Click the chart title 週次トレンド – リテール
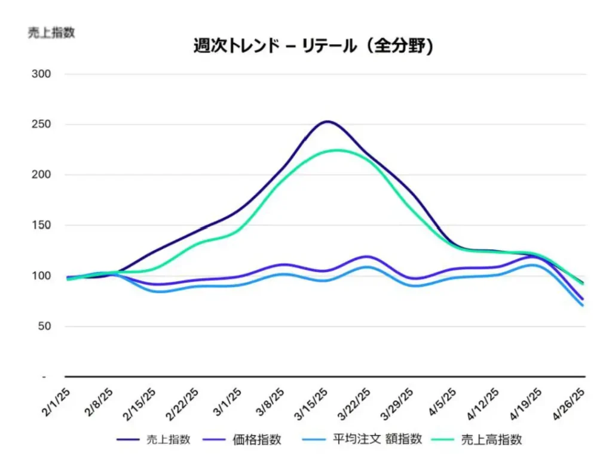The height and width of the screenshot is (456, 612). (313, 46)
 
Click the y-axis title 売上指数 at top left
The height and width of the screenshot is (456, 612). (51, 33)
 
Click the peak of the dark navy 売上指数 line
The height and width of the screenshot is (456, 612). (327, 121)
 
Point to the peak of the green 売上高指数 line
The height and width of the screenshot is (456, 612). (338, 150)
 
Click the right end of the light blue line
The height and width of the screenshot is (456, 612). (583, 306)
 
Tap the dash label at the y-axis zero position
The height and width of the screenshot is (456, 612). (44, 377)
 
